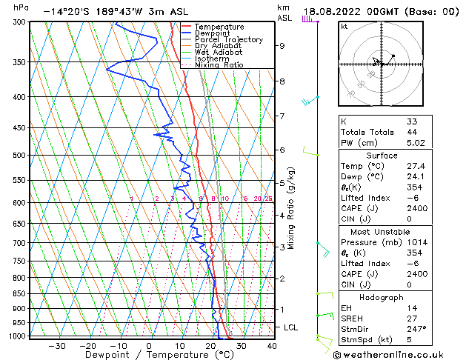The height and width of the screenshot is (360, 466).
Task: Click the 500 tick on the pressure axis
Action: (x=19, y=156)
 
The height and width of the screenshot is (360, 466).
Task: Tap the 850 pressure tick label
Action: (x=19, y=294)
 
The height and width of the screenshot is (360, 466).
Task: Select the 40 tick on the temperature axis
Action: (x=272, y=345)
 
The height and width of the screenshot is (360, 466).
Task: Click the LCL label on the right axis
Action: (x=291, y=327)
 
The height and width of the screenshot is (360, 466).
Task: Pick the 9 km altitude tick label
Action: (x=282, y=46)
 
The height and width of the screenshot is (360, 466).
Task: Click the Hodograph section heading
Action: (x=381, y=296)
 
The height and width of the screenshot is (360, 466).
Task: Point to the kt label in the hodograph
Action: (x=344, y=27)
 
